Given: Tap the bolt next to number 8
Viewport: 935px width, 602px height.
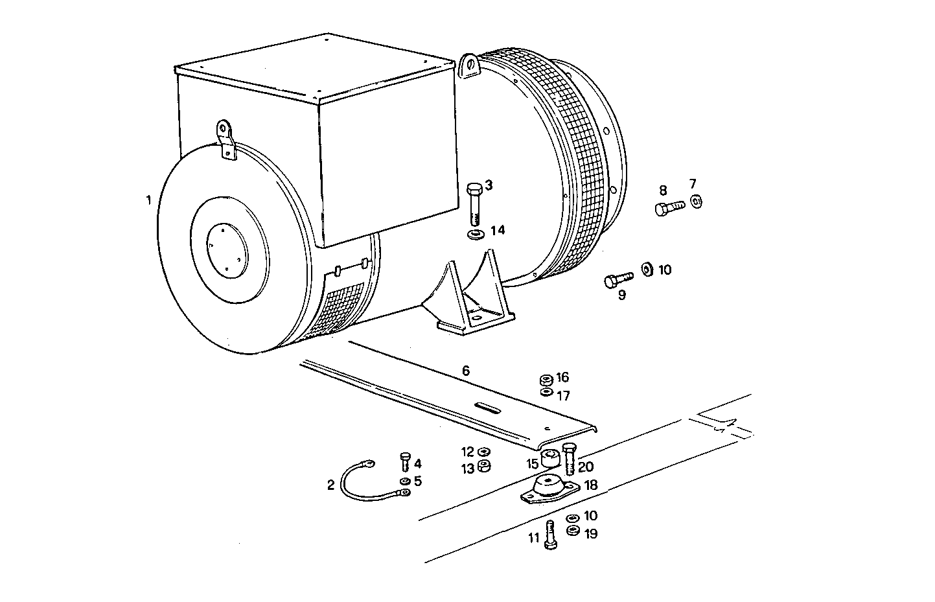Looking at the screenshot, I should pyautogui.click(x=668, y=208).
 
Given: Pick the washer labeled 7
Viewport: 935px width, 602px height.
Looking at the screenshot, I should pyautogui.click(x=696, y=202).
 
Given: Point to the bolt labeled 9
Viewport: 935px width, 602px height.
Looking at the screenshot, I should pyautogui.click(x=617, y=280).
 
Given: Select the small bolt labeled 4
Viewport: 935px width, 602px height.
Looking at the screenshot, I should pyautogui.click(x=404, y=462).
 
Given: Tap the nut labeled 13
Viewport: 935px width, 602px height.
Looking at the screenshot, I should pyautogui.click(x=484, y=467).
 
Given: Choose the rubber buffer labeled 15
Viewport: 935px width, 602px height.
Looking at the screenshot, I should pyautogui.click(x=551, y=459).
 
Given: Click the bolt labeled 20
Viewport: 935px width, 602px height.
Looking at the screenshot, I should pyautogui.click(x=569, y=458).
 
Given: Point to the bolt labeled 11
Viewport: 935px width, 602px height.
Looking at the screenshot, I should pyautogui.click(x=551, y=535).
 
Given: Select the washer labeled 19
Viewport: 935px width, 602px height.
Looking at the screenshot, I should pyautogui.click(x=572, y=531).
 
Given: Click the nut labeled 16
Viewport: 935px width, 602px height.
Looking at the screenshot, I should pyautogui.click(x=546, y=379).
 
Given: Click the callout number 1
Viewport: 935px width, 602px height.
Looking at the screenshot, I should pyautogui.click(x=148, y=200).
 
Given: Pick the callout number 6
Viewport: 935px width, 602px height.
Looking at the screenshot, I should pyautogui.click(x=465, y=371).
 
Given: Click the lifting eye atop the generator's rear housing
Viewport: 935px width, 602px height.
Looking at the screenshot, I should pyautogui.click(x=468, y=67).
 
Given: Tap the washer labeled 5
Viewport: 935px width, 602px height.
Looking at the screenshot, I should pyautogui.click(x=404, y=481).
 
